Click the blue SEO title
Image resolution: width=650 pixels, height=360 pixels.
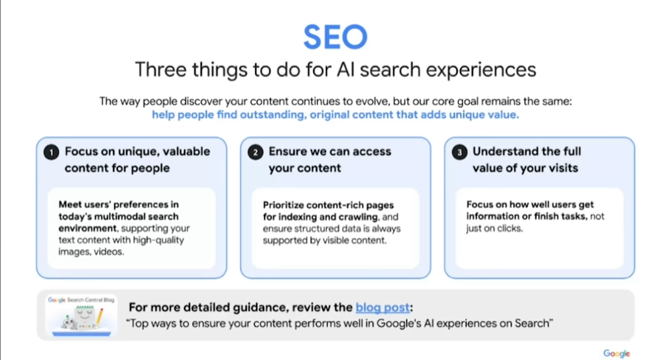(x=335, y=37)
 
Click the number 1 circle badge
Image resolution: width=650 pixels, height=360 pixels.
(x=52, y=153)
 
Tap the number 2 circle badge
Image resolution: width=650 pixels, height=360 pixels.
(x=256, y=153)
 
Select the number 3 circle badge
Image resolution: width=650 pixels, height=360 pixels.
(x=460, y=153)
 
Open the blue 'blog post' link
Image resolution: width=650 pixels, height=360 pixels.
(x=383, y=307)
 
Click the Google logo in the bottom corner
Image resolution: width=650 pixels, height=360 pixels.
(x=617, y=353)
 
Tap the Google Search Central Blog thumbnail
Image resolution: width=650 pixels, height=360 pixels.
(x=81, y=316)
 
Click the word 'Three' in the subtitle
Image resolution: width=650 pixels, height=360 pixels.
(x=161, y=69)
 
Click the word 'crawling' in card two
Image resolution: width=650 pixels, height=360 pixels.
(x=359, y=217)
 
